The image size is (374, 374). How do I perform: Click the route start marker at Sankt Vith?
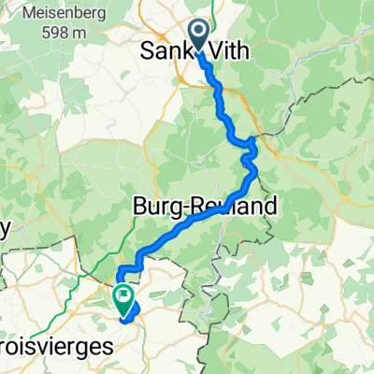[x=200, y=36]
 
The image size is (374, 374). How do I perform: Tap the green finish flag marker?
[x=123, y=297]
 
